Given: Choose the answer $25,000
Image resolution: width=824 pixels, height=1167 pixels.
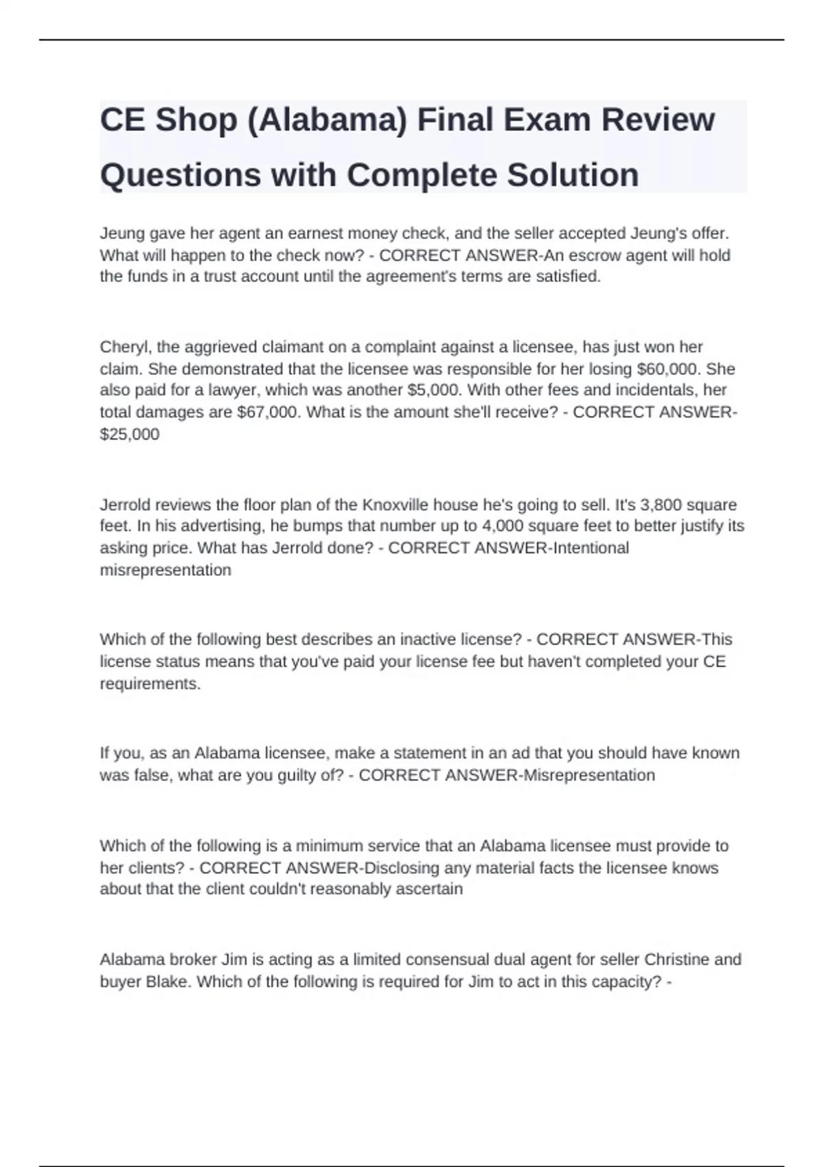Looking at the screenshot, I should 130,435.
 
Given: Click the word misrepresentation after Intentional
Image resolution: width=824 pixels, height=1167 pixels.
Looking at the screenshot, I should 165,570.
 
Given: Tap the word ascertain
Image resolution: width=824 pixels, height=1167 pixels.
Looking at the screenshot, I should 430,889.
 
